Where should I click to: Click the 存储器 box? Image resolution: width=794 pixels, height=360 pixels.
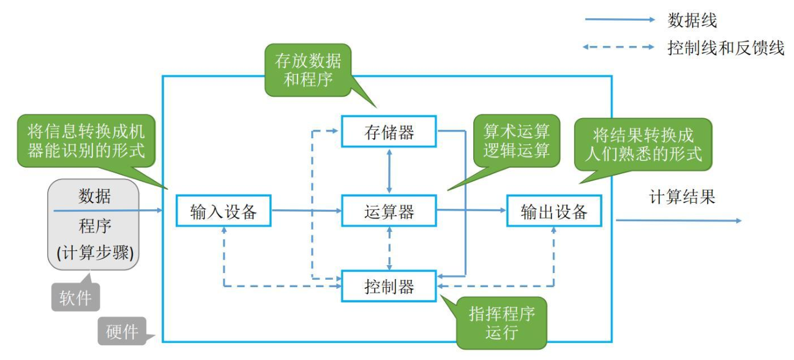pos(389,132)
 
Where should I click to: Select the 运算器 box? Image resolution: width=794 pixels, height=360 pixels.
pos(389,211)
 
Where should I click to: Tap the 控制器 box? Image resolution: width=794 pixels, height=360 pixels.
pos(389,287)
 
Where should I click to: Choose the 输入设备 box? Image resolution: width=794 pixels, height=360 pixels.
pos(223,211)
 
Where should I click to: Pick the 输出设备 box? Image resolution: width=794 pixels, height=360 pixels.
pos(554,211)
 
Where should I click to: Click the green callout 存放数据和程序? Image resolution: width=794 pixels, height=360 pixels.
pos(308,70)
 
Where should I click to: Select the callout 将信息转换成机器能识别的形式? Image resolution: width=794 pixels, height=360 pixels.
pos(86,141)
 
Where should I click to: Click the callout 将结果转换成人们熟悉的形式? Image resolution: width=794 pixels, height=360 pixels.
pos(643,144)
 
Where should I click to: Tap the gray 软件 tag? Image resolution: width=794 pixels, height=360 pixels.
pos(75,297)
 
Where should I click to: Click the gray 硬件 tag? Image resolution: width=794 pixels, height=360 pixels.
pos(122,331)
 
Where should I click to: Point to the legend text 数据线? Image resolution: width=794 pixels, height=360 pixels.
pos(692,20)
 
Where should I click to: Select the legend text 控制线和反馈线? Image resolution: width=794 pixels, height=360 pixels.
pos(725,48)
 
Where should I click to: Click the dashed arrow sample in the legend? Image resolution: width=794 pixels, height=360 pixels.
pos(618,47)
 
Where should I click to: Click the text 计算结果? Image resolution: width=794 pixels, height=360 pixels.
pos(682,197)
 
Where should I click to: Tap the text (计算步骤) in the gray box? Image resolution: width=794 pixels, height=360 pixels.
pos(95,253)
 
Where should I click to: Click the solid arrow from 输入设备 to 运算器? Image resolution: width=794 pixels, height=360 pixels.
pos(306,211)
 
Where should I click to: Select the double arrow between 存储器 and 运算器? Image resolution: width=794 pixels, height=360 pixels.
pos(389,171)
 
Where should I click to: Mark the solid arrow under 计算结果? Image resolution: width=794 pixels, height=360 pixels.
pos(678,220)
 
